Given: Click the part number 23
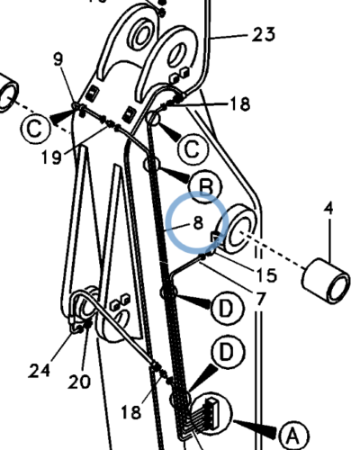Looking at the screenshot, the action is coord(263,34).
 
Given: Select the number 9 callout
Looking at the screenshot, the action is coord(58,58).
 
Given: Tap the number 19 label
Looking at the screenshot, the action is coord(51,157).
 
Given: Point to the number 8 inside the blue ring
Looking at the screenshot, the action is coord(198,223).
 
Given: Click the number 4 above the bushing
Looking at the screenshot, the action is coord(329,208).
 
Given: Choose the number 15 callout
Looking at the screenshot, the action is coord(266,274).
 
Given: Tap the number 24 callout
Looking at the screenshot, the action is coord(40,371).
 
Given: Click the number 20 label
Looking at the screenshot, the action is coord(79,382).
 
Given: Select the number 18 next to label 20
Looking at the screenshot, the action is coord(131,411).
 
